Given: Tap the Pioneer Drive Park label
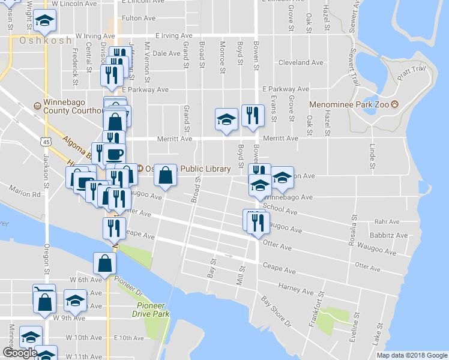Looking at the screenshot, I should [150, 310].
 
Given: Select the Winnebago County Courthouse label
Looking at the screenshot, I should [72, 106].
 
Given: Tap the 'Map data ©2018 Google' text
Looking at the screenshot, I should [411, 355].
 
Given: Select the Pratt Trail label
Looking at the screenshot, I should [412, 73].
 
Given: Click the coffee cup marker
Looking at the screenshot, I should [114, 154].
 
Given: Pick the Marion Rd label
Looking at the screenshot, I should [25, 194].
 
